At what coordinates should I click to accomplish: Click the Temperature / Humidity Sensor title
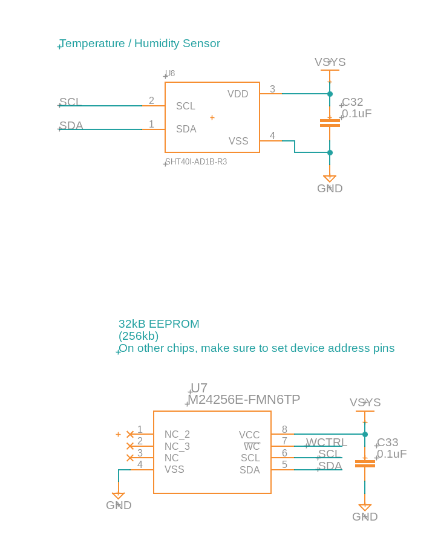(x=140, y=44)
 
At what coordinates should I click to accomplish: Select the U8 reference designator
(x=170, y=74)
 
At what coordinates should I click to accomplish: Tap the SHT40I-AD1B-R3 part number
(x=196, y=162)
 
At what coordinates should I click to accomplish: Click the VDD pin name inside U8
(x=238, y=94)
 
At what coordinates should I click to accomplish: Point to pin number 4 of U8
(x=272, y=136)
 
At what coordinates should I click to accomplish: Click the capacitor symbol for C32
(x=330, y=123)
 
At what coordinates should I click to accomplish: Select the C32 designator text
(x=353, y=102)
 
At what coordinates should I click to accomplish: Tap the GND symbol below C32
(x=330, y=180)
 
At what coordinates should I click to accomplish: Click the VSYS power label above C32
(x=330, y=62)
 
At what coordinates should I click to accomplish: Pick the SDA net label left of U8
(x=71, y=126)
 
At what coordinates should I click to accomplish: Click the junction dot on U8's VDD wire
(x=330, y=94)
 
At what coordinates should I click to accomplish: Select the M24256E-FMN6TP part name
(x=244, y=400)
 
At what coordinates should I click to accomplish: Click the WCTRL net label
(x=325, y=443)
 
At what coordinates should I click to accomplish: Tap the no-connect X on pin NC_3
(x=130, y=446)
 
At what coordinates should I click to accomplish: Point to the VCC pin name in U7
(x=249, y=435)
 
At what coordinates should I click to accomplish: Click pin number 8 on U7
(x=284, y=430)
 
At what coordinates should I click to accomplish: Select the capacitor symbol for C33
(x=365, y=464)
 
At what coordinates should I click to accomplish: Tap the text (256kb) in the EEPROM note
(x=139, y=336)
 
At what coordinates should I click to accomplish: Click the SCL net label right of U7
(x=329, y=454)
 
